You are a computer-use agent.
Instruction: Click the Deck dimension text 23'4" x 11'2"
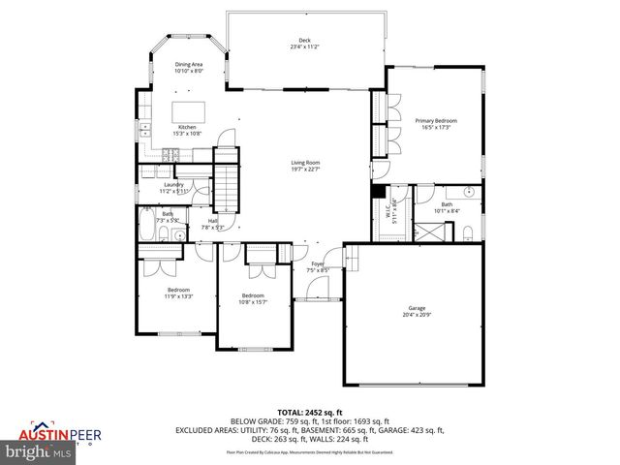[x=305, y=46]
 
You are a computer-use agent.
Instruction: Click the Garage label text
[x=417, y=309]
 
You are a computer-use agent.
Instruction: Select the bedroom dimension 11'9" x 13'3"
[x=177, y=295]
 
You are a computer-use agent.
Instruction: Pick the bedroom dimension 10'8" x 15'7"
[x=253, y=301]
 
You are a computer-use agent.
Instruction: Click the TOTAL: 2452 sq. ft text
[x=309, y=413]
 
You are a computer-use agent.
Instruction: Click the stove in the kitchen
[x=172, y=153]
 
